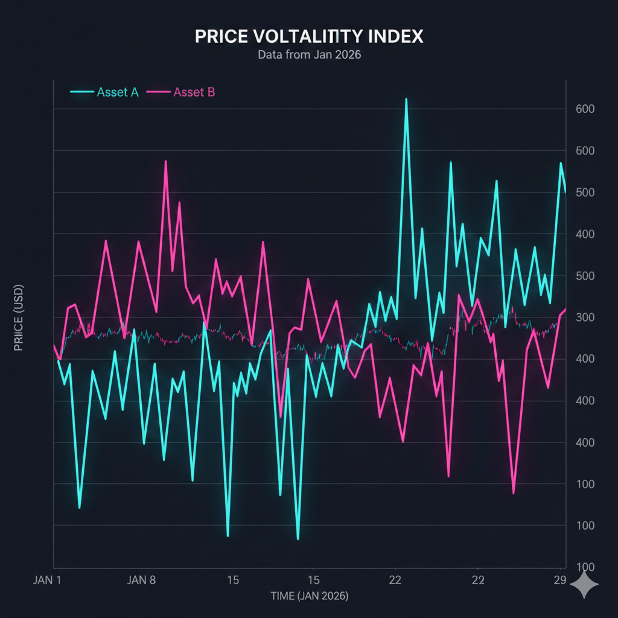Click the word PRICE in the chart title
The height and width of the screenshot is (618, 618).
click(x=221, y=36)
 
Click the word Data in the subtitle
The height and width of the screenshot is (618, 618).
click(x=270, y=54)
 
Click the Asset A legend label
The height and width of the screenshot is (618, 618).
click(x=118, y=92)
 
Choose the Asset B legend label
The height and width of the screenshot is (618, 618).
click(x=194, y=92)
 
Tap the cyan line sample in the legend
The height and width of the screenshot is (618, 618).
click(x=82, y=92)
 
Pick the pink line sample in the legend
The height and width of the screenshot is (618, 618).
click(x=158, y=92)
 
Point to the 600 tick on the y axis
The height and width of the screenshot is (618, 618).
click(x=585, y=109)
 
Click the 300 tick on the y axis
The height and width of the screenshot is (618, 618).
click(x=585, y=317)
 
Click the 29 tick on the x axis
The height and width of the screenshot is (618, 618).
click(x=559, y=581)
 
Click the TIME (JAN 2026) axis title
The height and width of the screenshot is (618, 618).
click(x=309, y=596)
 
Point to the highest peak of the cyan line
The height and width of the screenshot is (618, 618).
click(x=406, y=99)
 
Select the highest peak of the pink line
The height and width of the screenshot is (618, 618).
click(x=165, y=161)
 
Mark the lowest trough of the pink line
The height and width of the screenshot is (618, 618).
click(x=514, y=493)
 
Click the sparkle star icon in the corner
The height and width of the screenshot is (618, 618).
click(x=584, y=584)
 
